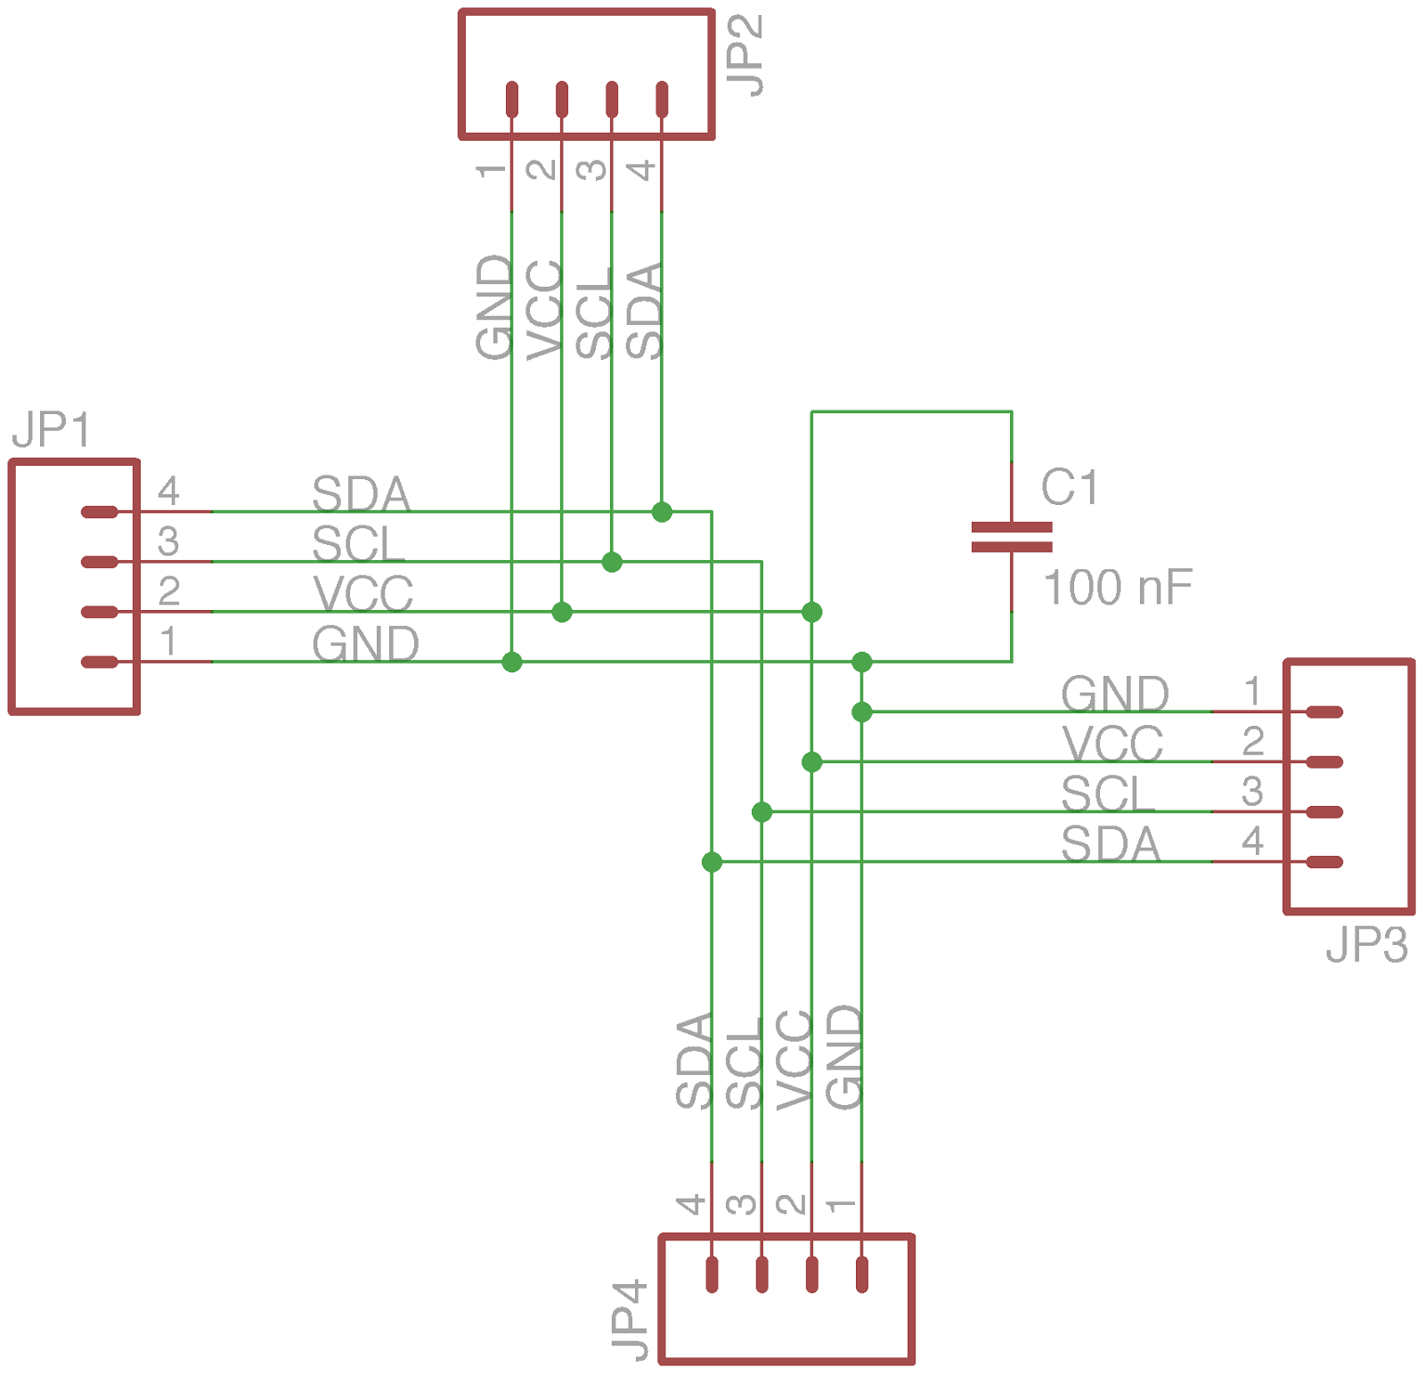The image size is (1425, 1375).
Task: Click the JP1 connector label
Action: click(x=51, y=430)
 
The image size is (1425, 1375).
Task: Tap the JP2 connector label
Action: click(x=745, y=55)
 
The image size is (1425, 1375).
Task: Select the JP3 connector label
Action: click(x=1366, y=945)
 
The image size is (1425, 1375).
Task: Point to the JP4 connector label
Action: click(x=630, y=1321)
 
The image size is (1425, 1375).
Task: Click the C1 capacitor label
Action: click(x=1070, y=488)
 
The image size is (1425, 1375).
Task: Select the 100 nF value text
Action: click(x=1117, y=588)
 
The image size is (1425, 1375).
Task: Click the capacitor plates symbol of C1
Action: click(x=1012, y=537)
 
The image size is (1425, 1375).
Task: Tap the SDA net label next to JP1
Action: click(x=361, y=494)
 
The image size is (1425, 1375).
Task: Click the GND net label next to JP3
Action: click(x=1114, y=695)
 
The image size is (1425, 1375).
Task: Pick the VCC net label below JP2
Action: click(x=544, y=310)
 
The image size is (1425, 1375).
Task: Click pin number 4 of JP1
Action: click(x=168, y=491)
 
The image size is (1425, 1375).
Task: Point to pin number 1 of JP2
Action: click(x=491, y=169)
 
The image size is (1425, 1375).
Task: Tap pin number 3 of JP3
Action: click(x=1252, y=791)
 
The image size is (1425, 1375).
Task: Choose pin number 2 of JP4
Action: click(x=791, y=1205)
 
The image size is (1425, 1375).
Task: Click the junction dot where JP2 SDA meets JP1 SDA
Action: click(x=662, y=512)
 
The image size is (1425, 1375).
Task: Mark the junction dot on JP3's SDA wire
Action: click(x=712, y=862)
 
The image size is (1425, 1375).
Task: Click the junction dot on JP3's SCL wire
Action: click(x=761, y=812)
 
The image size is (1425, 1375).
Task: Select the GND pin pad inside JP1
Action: click(x=99, y=662)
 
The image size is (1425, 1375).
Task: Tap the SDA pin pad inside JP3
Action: click(x=1325, y=862)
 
